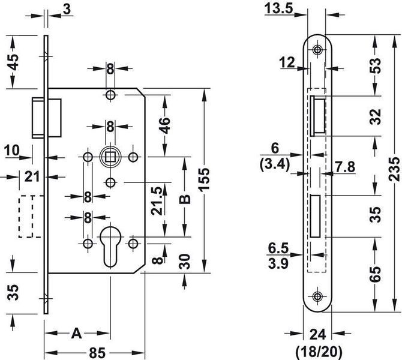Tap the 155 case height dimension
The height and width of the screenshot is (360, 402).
[x=205, y=179]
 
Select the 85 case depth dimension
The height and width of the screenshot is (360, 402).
[x=97, y=353]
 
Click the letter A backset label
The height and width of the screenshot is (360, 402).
[x=76, y=334]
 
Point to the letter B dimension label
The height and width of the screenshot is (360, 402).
[x=185, y=199]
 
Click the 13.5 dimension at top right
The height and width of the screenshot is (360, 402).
[x=278, y=8]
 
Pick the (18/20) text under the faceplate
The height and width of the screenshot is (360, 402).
[x=319, y=352]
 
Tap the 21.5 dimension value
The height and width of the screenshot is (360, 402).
[x=157, y=201]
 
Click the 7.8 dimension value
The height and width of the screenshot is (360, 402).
[x=345, y=167]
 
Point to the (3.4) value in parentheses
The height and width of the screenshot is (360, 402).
[x=275, y=164]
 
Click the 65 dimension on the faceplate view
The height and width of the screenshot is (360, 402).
[x=376, y=274]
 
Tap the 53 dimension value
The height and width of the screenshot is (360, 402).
[x=376, y=65]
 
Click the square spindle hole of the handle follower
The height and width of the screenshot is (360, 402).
[x=110, y=157]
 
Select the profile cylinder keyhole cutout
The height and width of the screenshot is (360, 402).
[x=110, y=245]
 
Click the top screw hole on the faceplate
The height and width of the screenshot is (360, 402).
[x=317, y=50]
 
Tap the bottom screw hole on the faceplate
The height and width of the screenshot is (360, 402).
[x=317, y=296]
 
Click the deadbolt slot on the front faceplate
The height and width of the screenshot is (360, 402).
[x=315, y=216]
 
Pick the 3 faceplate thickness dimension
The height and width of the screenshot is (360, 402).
[x=67, y=9]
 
